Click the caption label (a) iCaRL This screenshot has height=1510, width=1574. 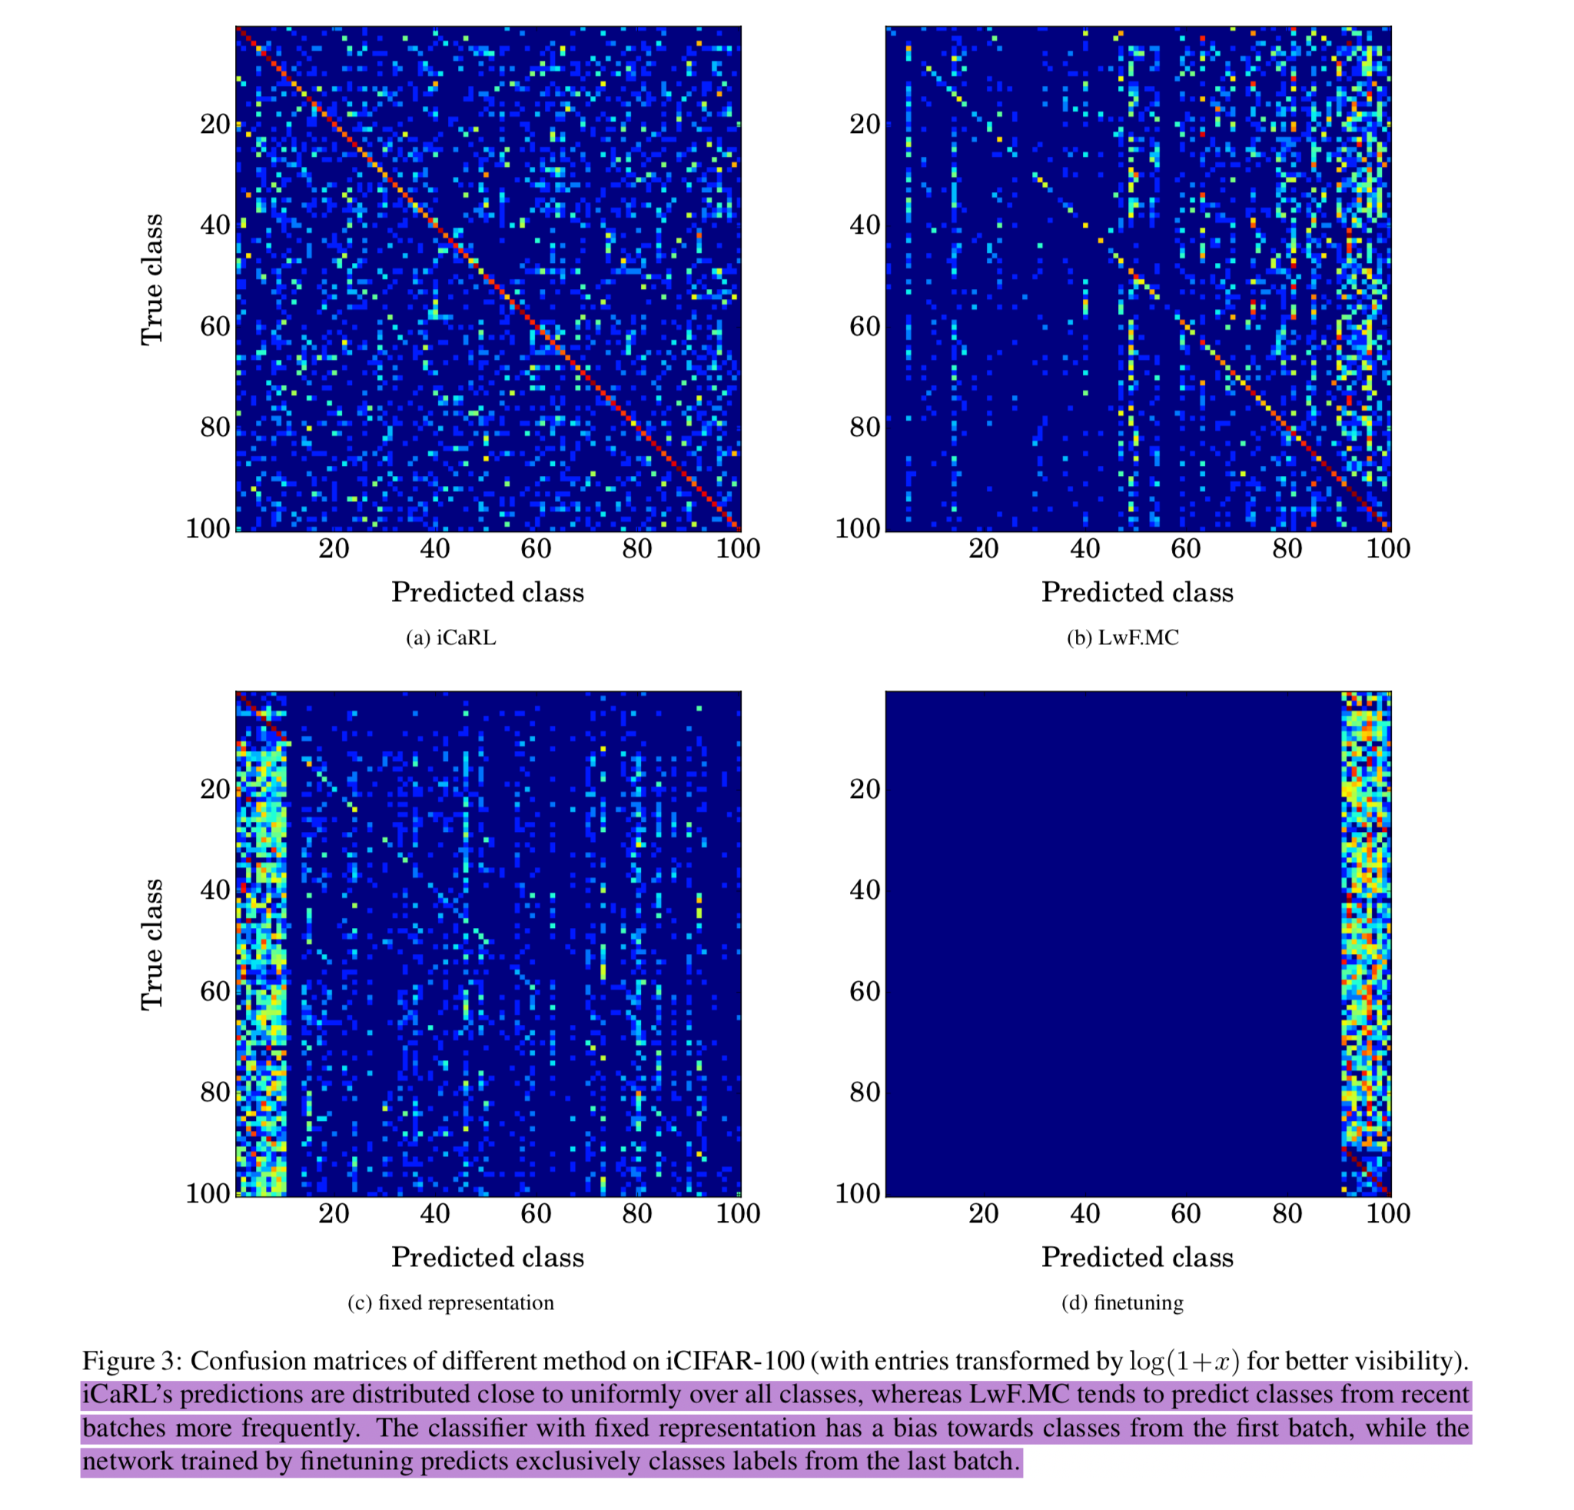(450, 637)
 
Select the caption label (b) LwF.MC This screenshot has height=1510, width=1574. (1123, 637)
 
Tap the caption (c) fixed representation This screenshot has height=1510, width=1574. (450, 1302)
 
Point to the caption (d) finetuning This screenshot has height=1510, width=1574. (1123, 1302)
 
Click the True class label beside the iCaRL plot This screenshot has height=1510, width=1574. (151, 280)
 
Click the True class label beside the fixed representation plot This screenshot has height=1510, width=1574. (151, 945)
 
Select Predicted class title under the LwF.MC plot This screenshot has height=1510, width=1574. (1137, 592)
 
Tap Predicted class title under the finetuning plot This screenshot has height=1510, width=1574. (1137, 1257)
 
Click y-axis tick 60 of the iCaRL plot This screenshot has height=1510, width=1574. (215, 326)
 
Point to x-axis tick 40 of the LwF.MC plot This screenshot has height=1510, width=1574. (1085, 549)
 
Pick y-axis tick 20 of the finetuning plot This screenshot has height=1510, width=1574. (865, 789)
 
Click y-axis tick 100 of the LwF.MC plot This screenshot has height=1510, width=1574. (858, 528)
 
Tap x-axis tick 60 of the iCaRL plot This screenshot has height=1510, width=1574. (536, 549)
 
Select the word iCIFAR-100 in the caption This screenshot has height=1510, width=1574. (735, 1362)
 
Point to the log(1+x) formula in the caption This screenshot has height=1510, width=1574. (1184, 1362)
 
